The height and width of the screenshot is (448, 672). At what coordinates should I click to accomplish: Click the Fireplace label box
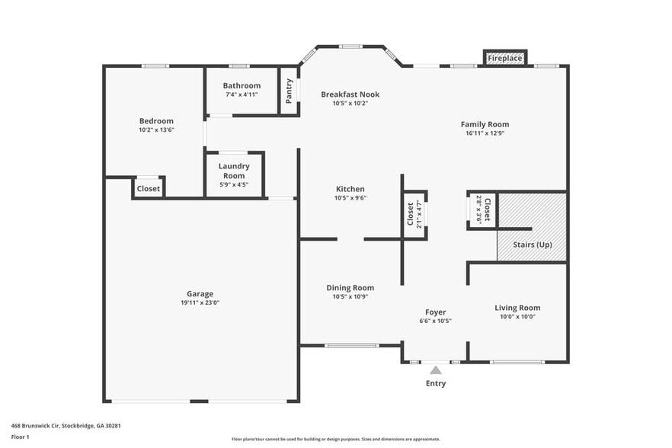click(x=505, y=58)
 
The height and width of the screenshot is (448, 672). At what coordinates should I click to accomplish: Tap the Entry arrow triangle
click(x=436, y=370)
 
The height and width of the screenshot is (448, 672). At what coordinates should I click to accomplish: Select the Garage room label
click(x=200, y=293)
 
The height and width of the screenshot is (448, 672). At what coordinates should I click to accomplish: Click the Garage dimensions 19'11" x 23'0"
click(x=200, y=302)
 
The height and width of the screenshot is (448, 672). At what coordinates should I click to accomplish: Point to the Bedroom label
click(x=156, y=120)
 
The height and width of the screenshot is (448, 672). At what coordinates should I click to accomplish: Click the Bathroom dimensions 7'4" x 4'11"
click(x=242, y=94)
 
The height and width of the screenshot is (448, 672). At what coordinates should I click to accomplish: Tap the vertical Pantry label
click(x=290, y=92)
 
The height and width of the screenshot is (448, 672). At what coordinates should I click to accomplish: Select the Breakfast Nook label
click(x=350, y=94)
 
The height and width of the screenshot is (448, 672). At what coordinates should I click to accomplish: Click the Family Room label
click(x=485, y=123)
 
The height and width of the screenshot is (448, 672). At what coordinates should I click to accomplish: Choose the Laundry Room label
click(x=234, y=171)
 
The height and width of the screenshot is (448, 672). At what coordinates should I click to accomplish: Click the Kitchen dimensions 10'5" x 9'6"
click(x=350, y=197)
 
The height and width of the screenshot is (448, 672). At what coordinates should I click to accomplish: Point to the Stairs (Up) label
click(x=533, y=245)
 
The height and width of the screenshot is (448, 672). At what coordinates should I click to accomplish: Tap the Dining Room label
click(x=350, y=287)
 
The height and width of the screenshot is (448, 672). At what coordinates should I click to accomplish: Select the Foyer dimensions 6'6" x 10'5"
click(x=436, y=321)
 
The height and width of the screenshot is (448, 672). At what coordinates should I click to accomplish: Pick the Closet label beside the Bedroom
click(x=149, y=188)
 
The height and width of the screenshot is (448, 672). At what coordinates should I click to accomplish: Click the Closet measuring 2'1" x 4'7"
click(x=411, y=214)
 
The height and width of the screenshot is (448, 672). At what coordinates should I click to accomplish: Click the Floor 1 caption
click(x=20, y=437)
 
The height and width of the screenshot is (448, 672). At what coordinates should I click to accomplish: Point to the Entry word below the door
click(x=436, y=383)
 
